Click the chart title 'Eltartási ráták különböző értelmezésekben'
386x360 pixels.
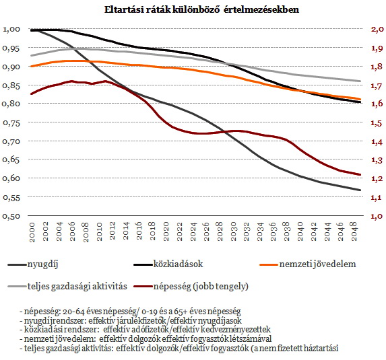201,10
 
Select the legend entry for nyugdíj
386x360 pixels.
33,264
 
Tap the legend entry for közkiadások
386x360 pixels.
168,264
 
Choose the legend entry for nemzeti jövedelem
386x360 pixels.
308,264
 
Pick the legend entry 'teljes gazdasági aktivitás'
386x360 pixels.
67,286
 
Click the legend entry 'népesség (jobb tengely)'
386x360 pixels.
191,286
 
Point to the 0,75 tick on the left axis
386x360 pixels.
11,122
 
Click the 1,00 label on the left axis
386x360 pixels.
11,29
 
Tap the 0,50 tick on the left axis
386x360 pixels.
11,216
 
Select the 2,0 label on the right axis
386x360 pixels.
377,29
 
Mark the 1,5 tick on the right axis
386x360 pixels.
377,122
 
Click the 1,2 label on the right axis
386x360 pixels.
377,178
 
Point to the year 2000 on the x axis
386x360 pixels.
32,232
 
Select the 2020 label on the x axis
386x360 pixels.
166,231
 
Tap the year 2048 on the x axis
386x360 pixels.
354,231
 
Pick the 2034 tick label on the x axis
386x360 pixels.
260,231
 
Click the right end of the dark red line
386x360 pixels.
360,175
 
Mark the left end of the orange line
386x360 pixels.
31,67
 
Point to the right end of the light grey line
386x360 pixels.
360,81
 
